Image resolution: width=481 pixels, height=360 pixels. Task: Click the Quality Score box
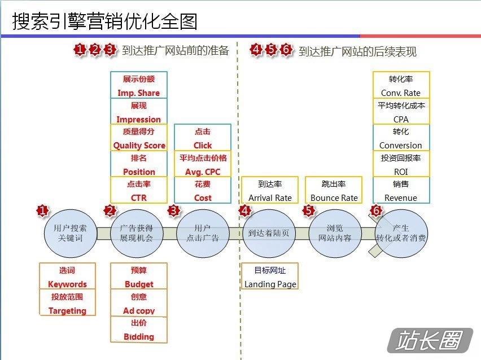tap(139, 138)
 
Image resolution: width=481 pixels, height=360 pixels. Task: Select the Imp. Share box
tap(139, 85)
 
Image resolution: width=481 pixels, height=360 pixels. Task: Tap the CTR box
tap(139, 190)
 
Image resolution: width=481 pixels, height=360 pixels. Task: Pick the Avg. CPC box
tap(203, 164)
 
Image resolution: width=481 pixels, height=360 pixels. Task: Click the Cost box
tap(203, 190)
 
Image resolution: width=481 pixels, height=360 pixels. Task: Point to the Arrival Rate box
tap(270, 190)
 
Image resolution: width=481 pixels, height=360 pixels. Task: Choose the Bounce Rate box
tap(334, 190)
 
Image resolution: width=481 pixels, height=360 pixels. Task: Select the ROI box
tap(401, 164)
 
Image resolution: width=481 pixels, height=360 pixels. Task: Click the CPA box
tap(401, 111)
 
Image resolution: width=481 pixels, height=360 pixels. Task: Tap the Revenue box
tap(401, 190)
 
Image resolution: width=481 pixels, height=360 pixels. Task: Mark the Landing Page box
tap(270, 276)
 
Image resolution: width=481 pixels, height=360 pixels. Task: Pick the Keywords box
tap(68, 276)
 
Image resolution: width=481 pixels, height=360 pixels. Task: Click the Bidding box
tap(139, 330)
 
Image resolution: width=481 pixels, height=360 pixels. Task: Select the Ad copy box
tap(139, 303)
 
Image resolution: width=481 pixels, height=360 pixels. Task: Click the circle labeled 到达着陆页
tap(269, 234)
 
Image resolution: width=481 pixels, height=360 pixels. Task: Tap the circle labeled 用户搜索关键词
tap(71, 234)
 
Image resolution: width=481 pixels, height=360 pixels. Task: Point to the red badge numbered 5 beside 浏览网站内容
tap(309, 210)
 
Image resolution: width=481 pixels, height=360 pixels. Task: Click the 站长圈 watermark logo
tap(430, 340)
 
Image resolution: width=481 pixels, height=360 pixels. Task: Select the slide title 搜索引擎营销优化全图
tap(105, 21)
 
